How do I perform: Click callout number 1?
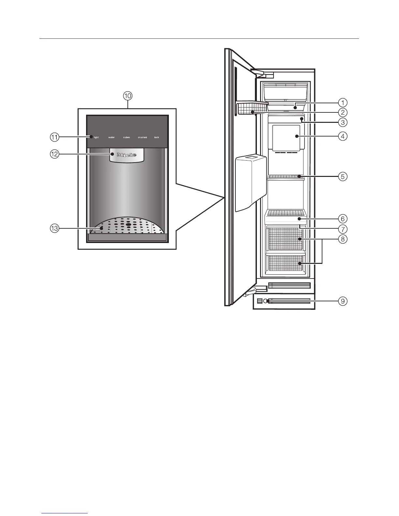(x=343, y=103)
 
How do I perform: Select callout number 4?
(x=343, y=136)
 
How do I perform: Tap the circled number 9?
(x=343, y=301)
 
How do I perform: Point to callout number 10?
(x=127, y=96)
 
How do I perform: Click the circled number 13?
(x=54, y=228)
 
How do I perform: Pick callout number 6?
(x=343, y=219)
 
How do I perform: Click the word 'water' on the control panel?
(x=111, y=137)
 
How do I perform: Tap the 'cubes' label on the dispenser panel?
(x=126, y=137)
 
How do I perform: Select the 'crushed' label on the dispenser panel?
(x=142, y=137)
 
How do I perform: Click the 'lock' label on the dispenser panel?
(x=157, y=137)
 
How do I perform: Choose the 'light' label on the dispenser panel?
(x=96, y=137)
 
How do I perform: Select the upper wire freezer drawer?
(x=285, y=239)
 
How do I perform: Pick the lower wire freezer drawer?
(x=285, y=263)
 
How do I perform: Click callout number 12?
(x=54, y=154)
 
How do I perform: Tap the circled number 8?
(x=343, y=239)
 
